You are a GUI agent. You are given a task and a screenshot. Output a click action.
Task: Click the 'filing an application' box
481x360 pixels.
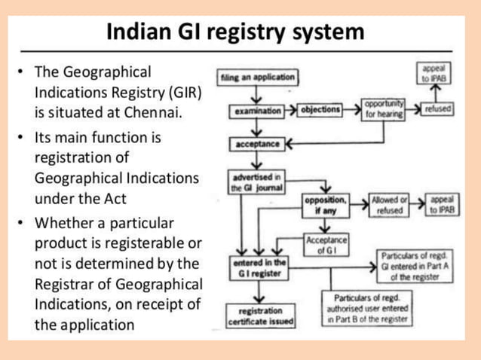pyautogui.click(x=256, y=77)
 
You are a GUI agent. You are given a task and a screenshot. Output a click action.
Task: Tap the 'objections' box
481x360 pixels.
pyautogui.click(x=320, y=111)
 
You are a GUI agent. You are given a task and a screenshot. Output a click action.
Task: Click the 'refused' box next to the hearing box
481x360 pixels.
pyautogui.click(x=437, y=109)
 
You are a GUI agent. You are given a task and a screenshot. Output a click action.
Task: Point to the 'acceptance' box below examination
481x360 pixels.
pyautogui.click(x=257, y=143)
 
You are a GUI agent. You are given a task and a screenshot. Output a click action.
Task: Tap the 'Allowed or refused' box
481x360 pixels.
pyautogui.click(x=390, y=206)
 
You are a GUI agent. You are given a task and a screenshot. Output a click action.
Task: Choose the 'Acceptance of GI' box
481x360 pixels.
pyautogui.click(x=326, y=245)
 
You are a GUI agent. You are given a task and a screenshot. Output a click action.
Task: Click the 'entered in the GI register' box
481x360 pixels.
pyautogui.click(x=258, y=267)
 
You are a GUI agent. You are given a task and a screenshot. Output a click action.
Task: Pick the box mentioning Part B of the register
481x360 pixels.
pyautogui.click(x=367, y=309)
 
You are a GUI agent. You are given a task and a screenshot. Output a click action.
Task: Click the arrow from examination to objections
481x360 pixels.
pyautogui.click(x=295, y=111)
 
